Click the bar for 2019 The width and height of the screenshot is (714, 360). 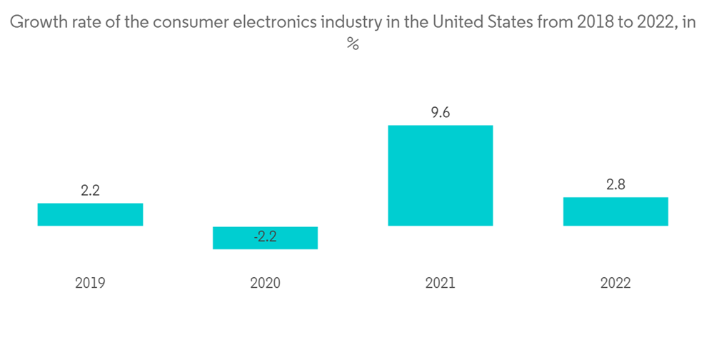(x=90, y=214)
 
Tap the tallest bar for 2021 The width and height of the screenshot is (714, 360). (x=440, y=176)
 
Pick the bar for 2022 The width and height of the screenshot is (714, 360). (x=615, y=211)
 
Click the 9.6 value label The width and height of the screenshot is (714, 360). (x=441, y=113)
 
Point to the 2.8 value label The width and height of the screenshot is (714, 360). (x=615, y=184)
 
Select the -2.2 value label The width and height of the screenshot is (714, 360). (x=265, y=236)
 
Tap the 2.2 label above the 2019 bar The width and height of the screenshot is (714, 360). (x=90, y=191)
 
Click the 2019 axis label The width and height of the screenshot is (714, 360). (x=90, y=283)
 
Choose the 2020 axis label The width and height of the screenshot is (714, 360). (x=265, y=283)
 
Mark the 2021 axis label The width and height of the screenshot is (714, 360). (x=440, y=283)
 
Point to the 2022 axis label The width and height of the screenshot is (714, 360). (x=615, y=283)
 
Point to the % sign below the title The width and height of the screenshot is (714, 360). (x=352, y=44)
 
